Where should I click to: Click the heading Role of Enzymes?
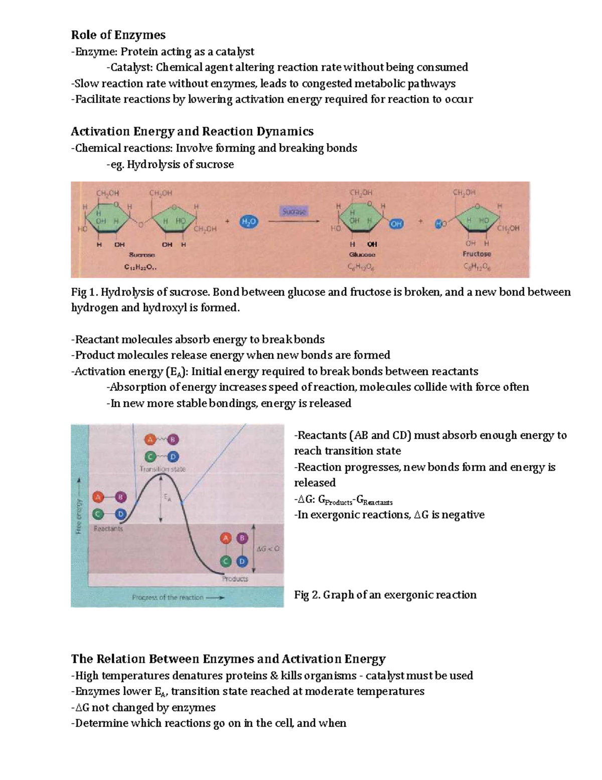tap(118, 35)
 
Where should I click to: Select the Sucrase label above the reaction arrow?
tap(294, 211)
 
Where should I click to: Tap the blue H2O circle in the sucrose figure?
tap(249, 221)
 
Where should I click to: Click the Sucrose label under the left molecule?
tap(142, 255)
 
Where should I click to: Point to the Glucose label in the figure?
tap(362, 255)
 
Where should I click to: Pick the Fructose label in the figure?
tap(477, 254)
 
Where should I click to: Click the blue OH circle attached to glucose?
tap(396, 224)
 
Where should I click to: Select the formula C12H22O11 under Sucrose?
tap(140, 267)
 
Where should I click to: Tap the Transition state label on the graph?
tap(163, 469)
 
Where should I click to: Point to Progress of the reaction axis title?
tap(168, 598)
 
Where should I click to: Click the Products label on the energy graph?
tap(235, 579)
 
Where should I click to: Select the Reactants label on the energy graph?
tap(108, 529)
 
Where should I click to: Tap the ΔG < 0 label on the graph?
tap(268, 549)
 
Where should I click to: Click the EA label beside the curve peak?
tap(168, 498)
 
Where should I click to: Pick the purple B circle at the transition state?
tap(173, 440)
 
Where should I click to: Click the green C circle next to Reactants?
tap(98, 514)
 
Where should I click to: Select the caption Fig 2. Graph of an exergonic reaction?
tap(385, 595)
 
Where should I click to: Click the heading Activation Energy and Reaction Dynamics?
tap(192, 132)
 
